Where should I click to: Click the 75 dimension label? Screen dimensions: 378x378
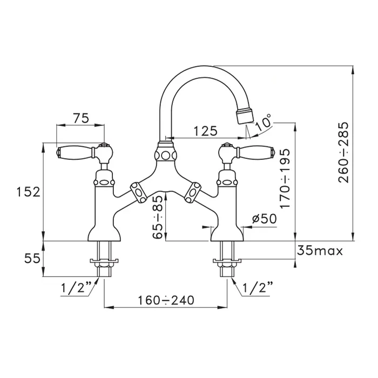pyautogui.click(x=81, y=118)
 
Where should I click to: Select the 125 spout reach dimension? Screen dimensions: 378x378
pyautogui.click(x=206, y=131)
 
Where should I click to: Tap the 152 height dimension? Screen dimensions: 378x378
pyautogui.click(x=28, y=192)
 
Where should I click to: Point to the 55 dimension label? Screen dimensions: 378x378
pyautogui.click(x=32, y=259)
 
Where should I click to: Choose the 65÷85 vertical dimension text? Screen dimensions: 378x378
pyautogui.click(x=158, y=217)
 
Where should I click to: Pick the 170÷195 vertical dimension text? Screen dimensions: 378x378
pyautogui.click(x=285, y=178)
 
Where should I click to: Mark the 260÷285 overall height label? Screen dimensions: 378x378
pyautogui.click(x=343, y=152)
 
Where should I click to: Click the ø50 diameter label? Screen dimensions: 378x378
pyautogui.click(x=265, y=219)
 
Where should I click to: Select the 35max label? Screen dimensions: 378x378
pyautogui.click(x=320, y=251)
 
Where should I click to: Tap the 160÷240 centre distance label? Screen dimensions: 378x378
pyautogui.click(x=166, y=300)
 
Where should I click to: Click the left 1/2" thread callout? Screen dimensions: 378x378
pyautogui.click(x=76, y=287)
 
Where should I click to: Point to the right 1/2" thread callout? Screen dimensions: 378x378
pyautogui.click(x=258, y=287)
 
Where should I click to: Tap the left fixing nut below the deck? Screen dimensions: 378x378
pyautogui.click(x=104, y=263)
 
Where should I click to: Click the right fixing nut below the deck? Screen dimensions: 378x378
pyautogui.click(x=227, y=263)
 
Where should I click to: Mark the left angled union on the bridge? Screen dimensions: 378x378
pyautogui.click(x=139, y=193)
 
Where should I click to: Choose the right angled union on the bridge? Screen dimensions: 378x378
pyautogui.click(x=193, y=193)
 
